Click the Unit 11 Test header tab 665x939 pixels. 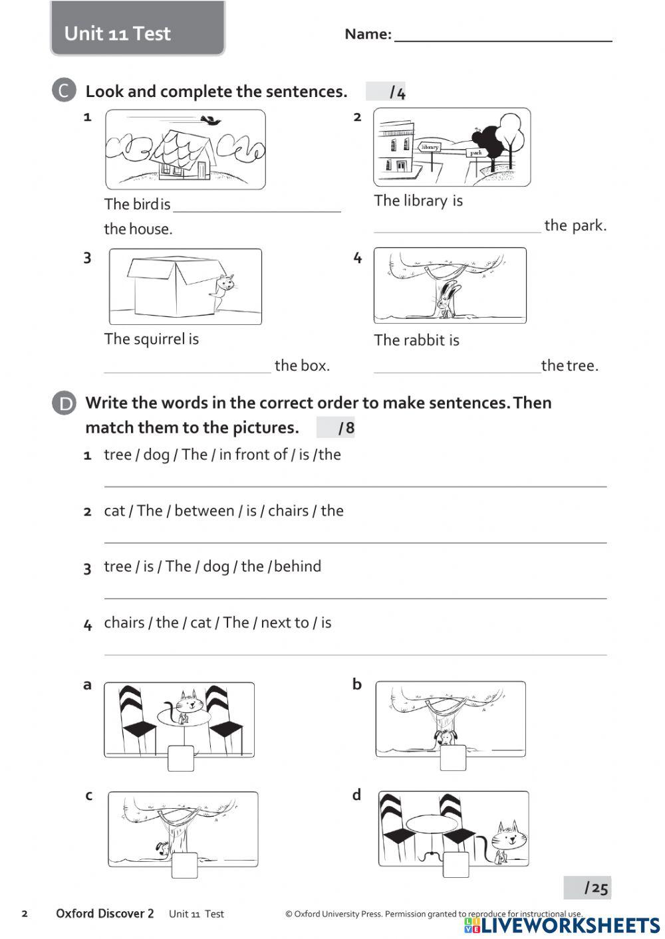[138, 30]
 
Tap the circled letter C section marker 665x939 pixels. [64, 90]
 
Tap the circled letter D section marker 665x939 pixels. [64, 403]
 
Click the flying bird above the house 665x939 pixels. [212, 120]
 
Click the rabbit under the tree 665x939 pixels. [448, 298]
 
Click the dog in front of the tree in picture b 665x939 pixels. [446, 737]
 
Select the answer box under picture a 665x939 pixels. [181, 758]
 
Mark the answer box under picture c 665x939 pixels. [184, 865]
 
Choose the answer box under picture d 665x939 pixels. [456, 865]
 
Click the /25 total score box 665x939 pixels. [587, 888]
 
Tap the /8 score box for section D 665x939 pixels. [336, 428]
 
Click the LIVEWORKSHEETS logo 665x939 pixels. [563, 926]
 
